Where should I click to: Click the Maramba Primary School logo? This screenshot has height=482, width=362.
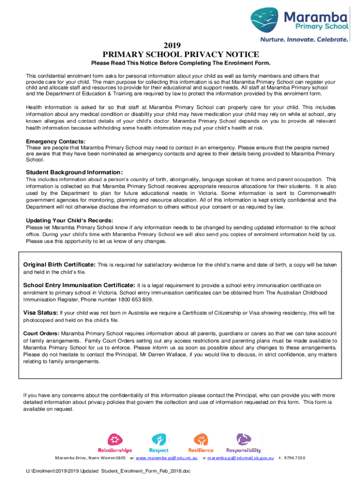[x=299, y=21]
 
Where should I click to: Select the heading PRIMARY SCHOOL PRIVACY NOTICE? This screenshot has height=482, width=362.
[x=181, y=54]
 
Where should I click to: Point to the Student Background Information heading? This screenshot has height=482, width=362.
[x=74, y=172]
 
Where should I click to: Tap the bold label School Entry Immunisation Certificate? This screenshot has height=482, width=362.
[x=79, y=285]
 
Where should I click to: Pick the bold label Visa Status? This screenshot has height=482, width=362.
[x=41, y=313]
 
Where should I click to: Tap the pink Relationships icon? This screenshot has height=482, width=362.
[x=115, y=440]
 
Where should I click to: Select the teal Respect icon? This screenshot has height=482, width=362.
[x=158, y=440]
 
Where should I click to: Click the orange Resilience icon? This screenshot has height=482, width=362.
[x=201, y=440]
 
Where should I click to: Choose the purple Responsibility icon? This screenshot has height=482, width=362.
[x=244, y=440]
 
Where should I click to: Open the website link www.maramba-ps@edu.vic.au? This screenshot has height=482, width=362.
[x=166, y=458]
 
